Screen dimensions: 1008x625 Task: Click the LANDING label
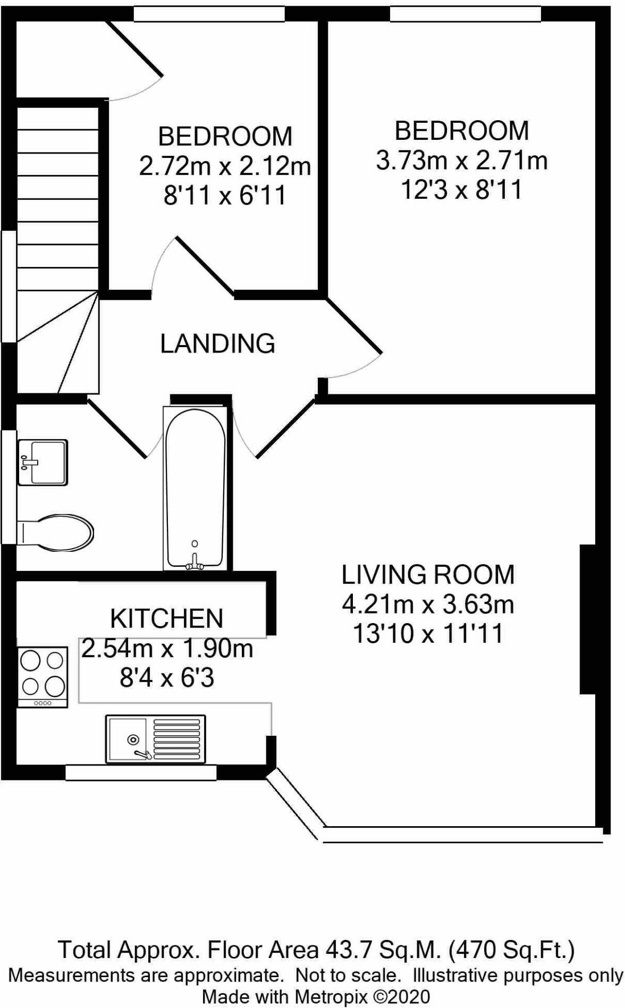click(x=217, y=343)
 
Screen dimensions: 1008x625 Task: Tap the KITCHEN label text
click(x=166, y=618)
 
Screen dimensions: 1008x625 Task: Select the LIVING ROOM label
click(x=428, y=575)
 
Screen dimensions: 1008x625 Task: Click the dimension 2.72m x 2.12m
click(x=225, y=166)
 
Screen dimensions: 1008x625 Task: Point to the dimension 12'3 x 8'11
click(x=461, y=190)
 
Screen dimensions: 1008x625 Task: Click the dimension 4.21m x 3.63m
click(x=428, y=604)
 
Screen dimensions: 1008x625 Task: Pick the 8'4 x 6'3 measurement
click(x=166, y=678)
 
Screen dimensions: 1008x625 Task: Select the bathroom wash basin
click(x=43, y=462)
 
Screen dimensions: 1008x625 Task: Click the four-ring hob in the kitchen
click(x=43, y=676)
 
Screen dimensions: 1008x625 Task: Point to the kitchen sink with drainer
click(x=155, y=739)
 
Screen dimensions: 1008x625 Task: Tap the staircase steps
click(x=58, y=213)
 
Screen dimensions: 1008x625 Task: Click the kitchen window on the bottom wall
click(x=140, y=772)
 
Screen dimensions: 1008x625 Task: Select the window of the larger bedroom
click(x=465, y=14)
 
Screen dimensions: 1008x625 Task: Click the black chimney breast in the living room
click(x=587, y=619)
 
